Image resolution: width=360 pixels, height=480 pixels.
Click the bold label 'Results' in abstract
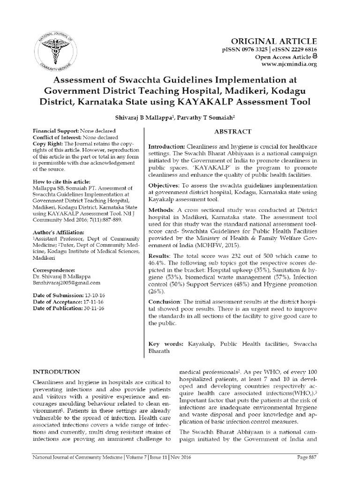point(160,255)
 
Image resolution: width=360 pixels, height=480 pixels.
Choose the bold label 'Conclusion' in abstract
point(165,301)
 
